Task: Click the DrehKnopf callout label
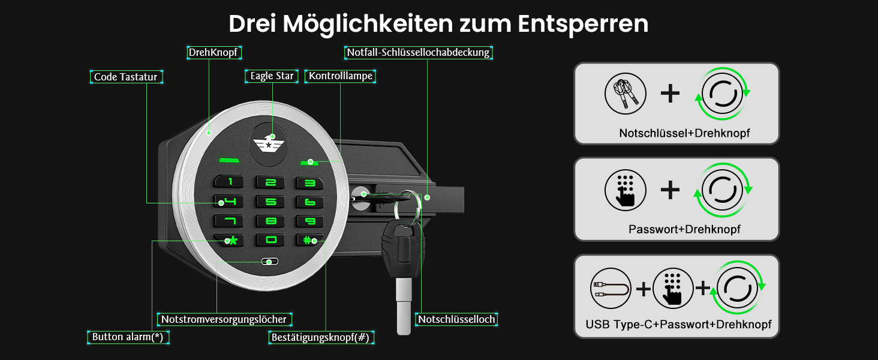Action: [x=214, y=53]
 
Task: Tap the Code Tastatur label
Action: [x=126, y=77]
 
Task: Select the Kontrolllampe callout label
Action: [x=340, y=76]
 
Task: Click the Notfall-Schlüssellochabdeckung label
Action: [x=418, y=53]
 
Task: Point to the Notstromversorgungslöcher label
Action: [x=224, y=319]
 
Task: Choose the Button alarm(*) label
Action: [x=128, y=337]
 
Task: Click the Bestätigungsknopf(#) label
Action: [x=321, y=337]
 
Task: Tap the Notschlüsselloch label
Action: [x=456, y=319]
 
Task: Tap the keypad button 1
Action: [x=229, y=181]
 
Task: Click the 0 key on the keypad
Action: [x=270, y=240]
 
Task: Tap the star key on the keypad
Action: [x=229, y=240]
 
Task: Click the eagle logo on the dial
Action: [x=269, y=144]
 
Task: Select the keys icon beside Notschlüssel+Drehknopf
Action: [x=625, y=94]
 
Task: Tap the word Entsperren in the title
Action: [x=583, y=24]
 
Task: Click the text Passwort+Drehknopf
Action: [x=684, y=229]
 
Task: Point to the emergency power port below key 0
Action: [x=270, y=261]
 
